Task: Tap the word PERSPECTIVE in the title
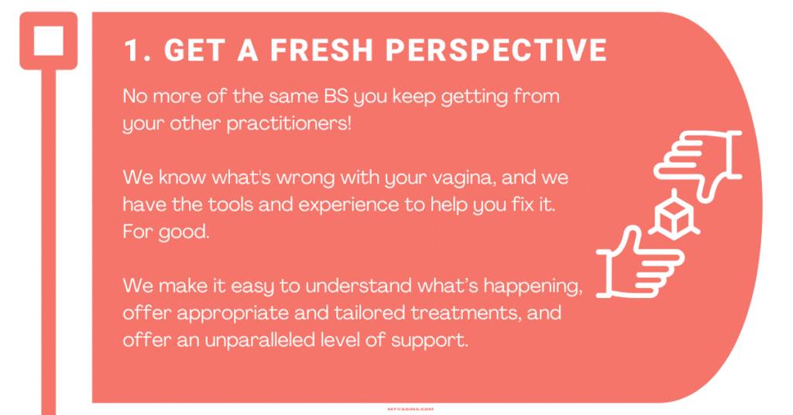pos(496,50)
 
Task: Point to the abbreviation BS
pos(336,95)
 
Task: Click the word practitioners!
pos(289,124)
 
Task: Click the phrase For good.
pos(166,232)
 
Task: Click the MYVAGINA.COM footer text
pos(410,409)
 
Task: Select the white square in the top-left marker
pos(49,40)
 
